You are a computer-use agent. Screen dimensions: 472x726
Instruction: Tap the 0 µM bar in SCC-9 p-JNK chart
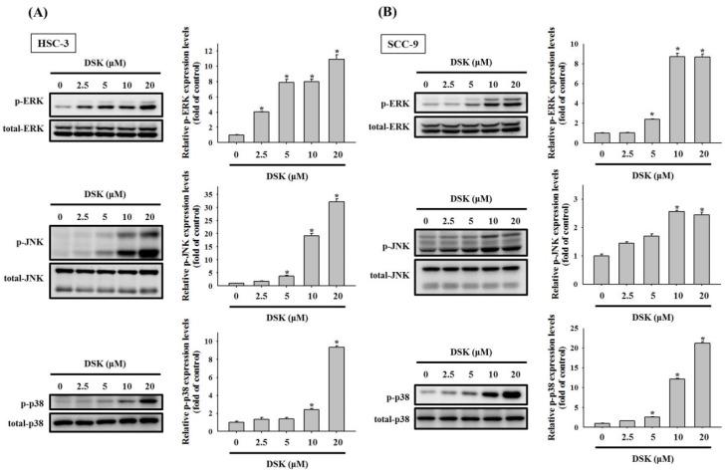[x=570, y=270]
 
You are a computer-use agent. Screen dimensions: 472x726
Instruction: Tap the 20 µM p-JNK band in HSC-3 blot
[x=147, y=240]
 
